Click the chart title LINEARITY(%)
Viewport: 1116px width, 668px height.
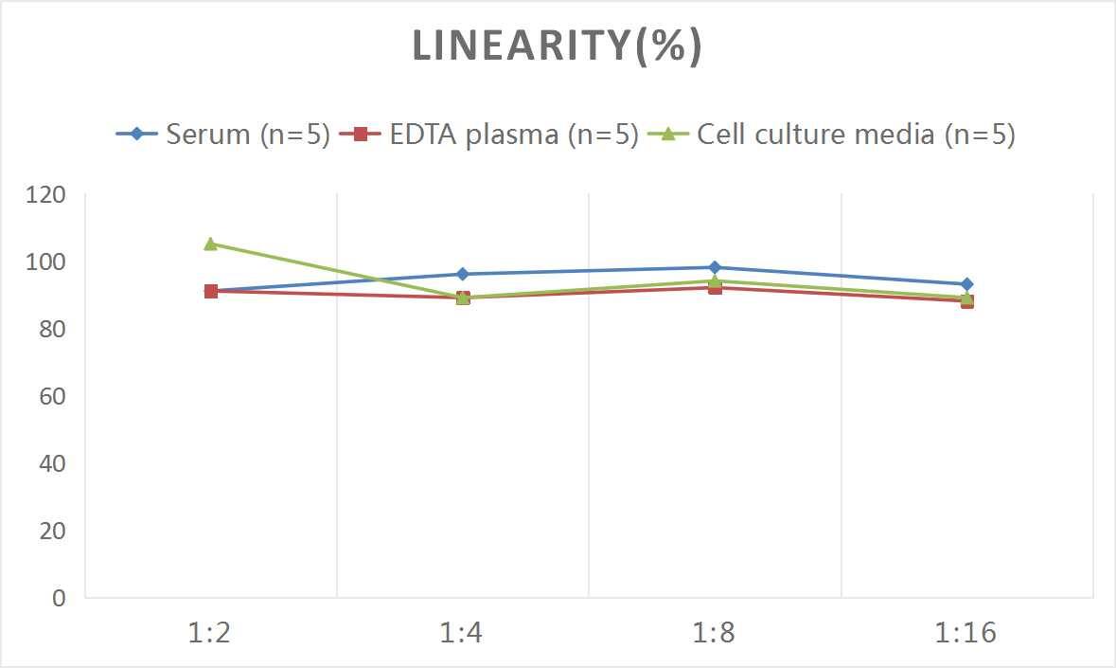[557, 46]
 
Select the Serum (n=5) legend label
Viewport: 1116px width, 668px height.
[247, 135]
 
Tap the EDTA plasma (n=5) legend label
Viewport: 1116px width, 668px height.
[514, 135]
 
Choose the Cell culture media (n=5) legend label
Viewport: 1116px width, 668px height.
[856, 135]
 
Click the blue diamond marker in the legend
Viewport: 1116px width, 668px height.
[137, 135]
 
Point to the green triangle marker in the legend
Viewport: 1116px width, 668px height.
[668, 134]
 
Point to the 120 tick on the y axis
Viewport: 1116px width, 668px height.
[46, 194]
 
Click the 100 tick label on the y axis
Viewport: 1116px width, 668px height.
[46, 262]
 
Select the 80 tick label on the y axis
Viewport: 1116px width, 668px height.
[52, 329]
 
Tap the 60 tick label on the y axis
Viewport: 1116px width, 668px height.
[52, 396]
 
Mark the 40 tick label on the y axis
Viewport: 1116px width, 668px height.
[52, 463]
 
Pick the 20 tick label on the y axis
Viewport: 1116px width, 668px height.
[52, 531]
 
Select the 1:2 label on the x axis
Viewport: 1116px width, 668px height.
[210, 633]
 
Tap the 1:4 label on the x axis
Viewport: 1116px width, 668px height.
[463, 633]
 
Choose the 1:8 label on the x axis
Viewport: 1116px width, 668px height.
[715, 633]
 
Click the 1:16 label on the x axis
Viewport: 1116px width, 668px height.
[966, 633]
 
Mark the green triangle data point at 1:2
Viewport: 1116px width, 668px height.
[211, 244]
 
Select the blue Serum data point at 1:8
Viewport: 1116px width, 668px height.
[715, 267]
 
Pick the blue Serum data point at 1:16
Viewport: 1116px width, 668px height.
[966, 284]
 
